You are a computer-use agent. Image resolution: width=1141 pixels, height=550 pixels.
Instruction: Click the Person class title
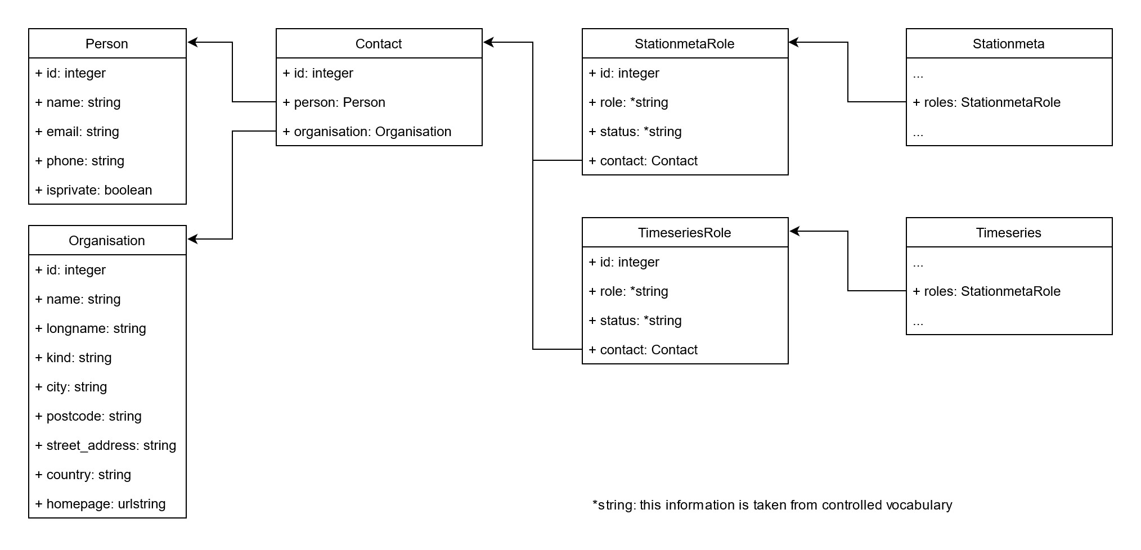(107, 44)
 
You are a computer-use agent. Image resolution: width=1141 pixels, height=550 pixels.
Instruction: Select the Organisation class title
(107, 241)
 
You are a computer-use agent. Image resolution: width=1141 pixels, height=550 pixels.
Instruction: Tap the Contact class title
(379, 44)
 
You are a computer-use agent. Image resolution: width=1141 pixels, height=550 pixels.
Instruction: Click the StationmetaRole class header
(685, 44)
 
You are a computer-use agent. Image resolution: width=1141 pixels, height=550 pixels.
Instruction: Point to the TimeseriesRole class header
(685, 233)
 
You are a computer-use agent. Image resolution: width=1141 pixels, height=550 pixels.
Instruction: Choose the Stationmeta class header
(1009, 44)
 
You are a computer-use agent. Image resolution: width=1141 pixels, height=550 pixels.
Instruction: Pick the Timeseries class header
(1009, 233)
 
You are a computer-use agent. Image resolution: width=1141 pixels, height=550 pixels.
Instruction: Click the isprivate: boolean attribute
(94, 190)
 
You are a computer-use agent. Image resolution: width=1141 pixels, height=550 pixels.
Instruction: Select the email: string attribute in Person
(78, 132)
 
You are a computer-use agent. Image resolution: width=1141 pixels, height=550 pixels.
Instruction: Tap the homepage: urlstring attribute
(101, 504)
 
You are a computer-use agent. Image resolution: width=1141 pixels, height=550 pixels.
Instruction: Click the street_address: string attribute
(106, 445)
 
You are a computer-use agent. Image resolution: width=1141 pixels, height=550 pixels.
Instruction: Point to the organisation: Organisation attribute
(367, 132)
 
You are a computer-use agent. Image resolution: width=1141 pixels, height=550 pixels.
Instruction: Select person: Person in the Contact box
(334, 102)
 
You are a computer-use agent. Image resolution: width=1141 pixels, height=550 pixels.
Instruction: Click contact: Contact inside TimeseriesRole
(643, 350)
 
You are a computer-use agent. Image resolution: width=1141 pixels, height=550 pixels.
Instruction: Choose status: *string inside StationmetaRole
(635, 132)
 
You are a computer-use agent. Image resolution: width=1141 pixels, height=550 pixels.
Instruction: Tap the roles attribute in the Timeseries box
(987, 291)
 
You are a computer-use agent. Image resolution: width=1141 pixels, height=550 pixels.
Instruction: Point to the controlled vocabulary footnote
(772, 505)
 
